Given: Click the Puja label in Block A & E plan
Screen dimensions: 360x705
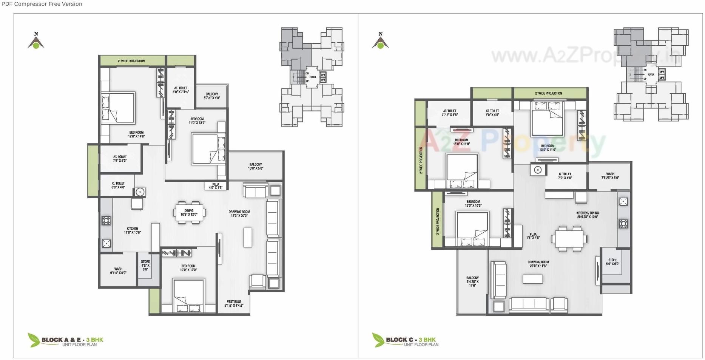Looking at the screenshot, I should (x=216, y=186).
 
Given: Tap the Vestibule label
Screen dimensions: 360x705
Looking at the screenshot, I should (x=234, y=303).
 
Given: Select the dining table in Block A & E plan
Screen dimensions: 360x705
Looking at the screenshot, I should (x=189, y=213).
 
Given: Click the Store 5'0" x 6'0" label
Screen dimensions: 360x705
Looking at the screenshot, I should (x=612, y=262).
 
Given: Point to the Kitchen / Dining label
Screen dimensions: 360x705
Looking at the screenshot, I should (x=588, y=215).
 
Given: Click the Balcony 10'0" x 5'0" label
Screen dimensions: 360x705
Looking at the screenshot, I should (x=256, y=166).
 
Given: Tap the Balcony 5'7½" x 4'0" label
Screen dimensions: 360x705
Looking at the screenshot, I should (x=212, y=96).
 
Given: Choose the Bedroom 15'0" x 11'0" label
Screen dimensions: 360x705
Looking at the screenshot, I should (x=461, y=142).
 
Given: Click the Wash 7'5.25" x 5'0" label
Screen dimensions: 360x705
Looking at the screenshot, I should (x=610, y=176).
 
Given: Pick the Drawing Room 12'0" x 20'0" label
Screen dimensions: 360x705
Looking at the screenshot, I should (x=239, y=213).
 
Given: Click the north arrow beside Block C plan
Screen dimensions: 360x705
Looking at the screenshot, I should (x=380, y=41).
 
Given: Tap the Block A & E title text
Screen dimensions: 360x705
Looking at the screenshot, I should (x=72, y=340).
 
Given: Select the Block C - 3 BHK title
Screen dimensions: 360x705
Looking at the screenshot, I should (x=410, y=340).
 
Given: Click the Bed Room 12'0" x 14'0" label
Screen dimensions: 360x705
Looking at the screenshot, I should (x=136, y=134).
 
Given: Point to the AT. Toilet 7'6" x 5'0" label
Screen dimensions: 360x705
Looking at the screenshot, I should (x=120, y=158).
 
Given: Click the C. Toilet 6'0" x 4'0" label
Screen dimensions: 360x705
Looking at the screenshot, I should (x=118, y=185).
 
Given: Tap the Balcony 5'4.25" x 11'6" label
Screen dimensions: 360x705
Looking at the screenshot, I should (x=472, y=281).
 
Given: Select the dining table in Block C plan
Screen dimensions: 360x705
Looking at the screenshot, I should (x=569, y=239).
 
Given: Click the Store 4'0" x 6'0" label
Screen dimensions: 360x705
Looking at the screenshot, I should (x=145, y=265).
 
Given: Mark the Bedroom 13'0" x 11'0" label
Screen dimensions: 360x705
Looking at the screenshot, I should (x=548, y=147).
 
